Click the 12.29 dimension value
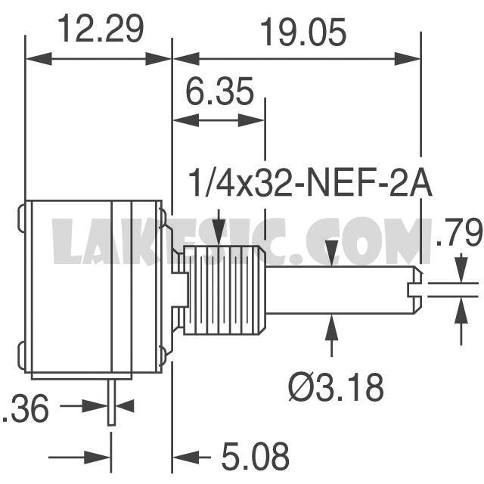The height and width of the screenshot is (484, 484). coord(101,29)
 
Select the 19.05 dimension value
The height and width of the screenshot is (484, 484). coord(303,32)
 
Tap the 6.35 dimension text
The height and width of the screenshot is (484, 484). coord(219,91)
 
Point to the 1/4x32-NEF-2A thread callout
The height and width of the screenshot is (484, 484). coord(310,183)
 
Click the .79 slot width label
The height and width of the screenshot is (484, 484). coord(459,231)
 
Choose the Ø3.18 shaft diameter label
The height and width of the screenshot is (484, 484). coord(337,387)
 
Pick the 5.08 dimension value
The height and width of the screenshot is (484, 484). coord(256,455)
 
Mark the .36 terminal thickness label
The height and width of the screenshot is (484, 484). coord(25,408)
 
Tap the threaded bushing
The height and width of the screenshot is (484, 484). coord(225,290)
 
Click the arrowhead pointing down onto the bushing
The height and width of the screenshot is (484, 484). coord(219,234)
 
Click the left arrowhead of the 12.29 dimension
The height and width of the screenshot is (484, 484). coord(39,59)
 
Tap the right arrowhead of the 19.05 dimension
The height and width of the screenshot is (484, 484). coord(408,59)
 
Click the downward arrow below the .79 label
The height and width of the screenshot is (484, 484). coord(461,269)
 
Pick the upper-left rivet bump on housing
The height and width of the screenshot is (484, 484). coord(21,219)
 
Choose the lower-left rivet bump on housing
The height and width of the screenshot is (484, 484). coord(21,355)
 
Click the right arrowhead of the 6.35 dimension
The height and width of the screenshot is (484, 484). coord(251,120)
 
